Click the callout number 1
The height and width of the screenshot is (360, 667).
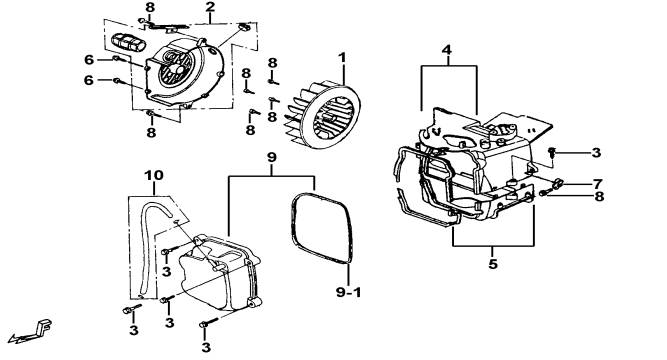[x=342, y=58]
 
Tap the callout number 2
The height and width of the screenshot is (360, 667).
[x=210, y=7]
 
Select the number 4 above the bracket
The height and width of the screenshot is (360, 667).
[x=446, y=50]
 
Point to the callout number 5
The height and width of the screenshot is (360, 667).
[x=493, y=264]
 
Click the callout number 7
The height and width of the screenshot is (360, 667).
[x=598, y=184]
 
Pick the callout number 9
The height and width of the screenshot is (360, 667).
[x=272, y=157]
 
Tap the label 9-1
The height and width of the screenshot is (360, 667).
[x=348, y=292]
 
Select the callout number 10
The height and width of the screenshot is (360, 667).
[x=154, y=175]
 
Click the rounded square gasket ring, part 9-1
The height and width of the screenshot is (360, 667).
[x=352, y=230]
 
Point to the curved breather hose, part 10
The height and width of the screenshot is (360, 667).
[x=143, y=238]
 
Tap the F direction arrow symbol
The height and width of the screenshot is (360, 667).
[x=32, y=331]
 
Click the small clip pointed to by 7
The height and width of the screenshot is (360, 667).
[x=557, y=184]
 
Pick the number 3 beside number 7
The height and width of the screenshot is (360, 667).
[x=596, y=153]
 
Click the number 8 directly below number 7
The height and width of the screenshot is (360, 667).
[x=599, y=197]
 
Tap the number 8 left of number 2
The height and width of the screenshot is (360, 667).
[x=150, y=7]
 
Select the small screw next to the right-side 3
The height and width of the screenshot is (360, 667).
[x=551, y=152]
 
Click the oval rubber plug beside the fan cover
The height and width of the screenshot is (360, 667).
[x=128, y=43]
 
